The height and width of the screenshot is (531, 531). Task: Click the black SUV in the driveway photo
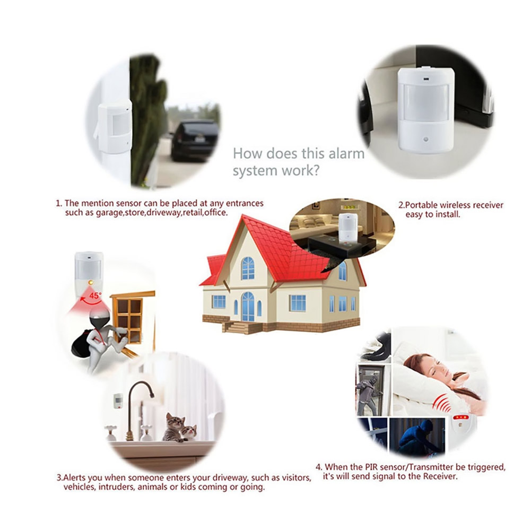[194, 142]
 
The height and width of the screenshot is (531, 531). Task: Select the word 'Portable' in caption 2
[422, 205]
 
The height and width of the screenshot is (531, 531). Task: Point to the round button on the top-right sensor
[425, 140]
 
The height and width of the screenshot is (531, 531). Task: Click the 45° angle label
[95, 295]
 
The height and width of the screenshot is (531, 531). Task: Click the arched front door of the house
[248, 307]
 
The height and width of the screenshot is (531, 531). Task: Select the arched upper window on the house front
[248, 268]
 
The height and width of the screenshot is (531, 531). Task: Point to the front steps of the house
[242, 327]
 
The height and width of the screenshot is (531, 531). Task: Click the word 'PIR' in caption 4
[372, 467]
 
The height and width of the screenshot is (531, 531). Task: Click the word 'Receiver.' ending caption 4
[440, 476]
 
